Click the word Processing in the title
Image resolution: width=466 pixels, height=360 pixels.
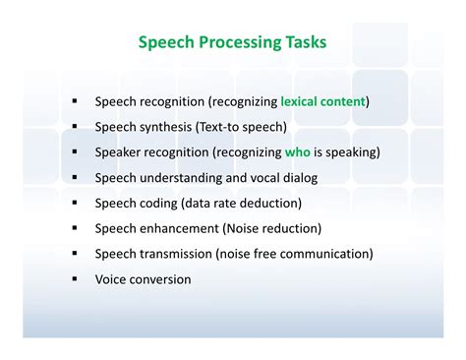point(240,43)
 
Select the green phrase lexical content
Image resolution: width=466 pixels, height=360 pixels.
point(322,101)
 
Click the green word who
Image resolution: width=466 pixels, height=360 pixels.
point(298,152)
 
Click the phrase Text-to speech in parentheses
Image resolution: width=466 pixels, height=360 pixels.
point(241,127)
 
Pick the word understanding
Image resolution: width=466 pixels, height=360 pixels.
point(181,178)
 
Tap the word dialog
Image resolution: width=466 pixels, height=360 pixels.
point(300,178)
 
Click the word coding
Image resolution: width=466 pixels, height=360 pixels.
point(158,204)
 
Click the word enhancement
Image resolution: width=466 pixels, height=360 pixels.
point(179,228)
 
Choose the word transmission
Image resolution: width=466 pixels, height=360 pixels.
point(176,254)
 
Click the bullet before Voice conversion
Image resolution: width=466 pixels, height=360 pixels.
point(75,279)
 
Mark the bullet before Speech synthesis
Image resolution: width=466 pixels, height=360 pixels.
point(75,126)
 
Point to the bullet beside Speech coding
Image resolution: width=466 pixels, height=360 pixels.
point(75,203)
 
